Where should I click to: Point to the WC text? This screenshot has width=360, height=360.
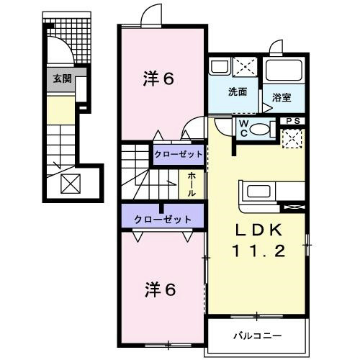[243, 127]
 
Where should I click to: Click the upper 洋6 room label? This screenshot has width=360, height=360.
[159, 79]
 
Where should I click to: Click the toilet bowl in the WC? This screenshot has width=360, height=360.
[261, 130]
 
